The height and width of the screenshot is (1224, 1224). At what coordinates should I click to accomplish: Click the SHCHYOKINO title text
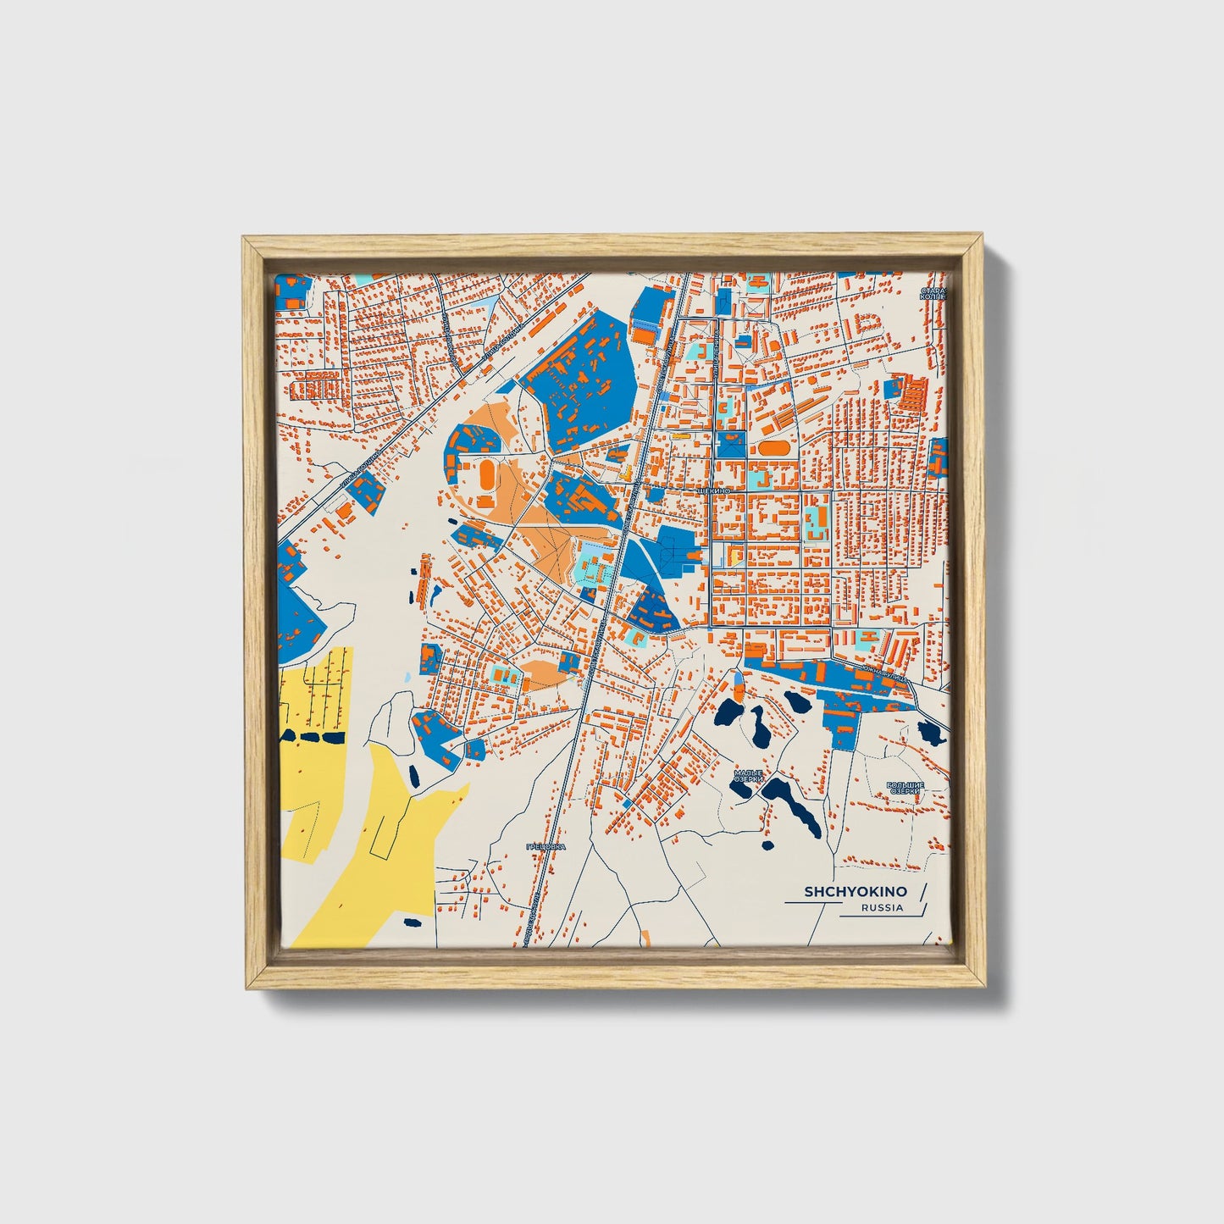tap(855, 892)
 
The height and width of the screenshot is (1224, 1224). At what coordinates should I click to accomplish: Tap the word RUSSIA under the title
tap(882, 908)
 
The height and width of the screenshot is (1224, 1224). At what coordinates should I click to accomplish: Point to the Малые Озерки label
tap(749, 777)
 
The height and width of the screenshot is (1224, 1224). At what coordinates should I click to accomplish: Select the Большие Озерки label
tap(905, 789)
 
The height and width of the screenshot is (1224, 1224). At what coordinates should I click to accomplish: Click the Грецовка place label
tap(545, 846)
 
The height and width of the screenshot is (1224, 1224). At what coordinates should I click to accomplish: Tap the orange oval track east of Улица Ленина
tap(772, 446)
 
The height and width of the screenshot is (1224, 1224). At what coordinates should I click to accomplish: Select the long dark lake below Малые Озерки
tap(792, 806)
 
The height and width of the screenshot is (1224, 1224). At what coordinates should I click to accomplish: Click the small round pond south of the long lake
tap(768, 845)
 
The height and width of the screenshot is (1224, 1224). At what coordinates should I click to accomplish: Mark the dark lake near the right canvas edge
tap(930, 732)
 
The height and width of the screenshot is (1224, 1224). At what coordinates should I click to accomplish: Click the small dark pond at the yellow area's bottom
tap(413, 922)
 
